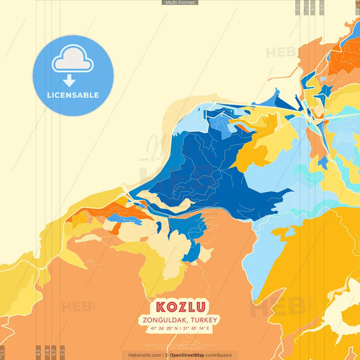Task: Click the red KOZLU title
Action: tap(180, 306)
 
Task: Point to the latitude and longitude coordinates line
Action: tap(180, 329)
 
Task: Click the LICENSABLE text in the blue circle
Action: tap(72, 95)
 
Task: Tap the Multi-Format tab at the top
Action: tap(180, 3)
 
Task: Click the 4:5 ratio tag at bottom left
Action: tap(38, 352)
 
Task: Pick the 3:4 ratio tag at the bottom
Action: tap(47, 352)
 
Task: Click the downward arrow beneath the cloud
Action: tap(72, 80)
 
